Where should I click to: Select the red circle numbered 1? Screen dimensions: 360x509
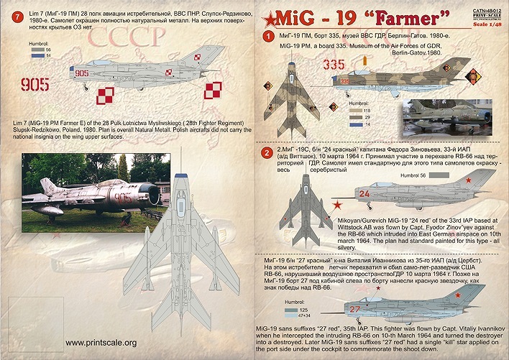click(267, 36)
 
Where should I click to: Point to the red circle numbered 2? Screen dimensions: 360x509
click(266, 152)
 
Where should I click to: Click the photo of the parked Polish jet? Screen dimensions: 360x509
click(93, 186)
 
